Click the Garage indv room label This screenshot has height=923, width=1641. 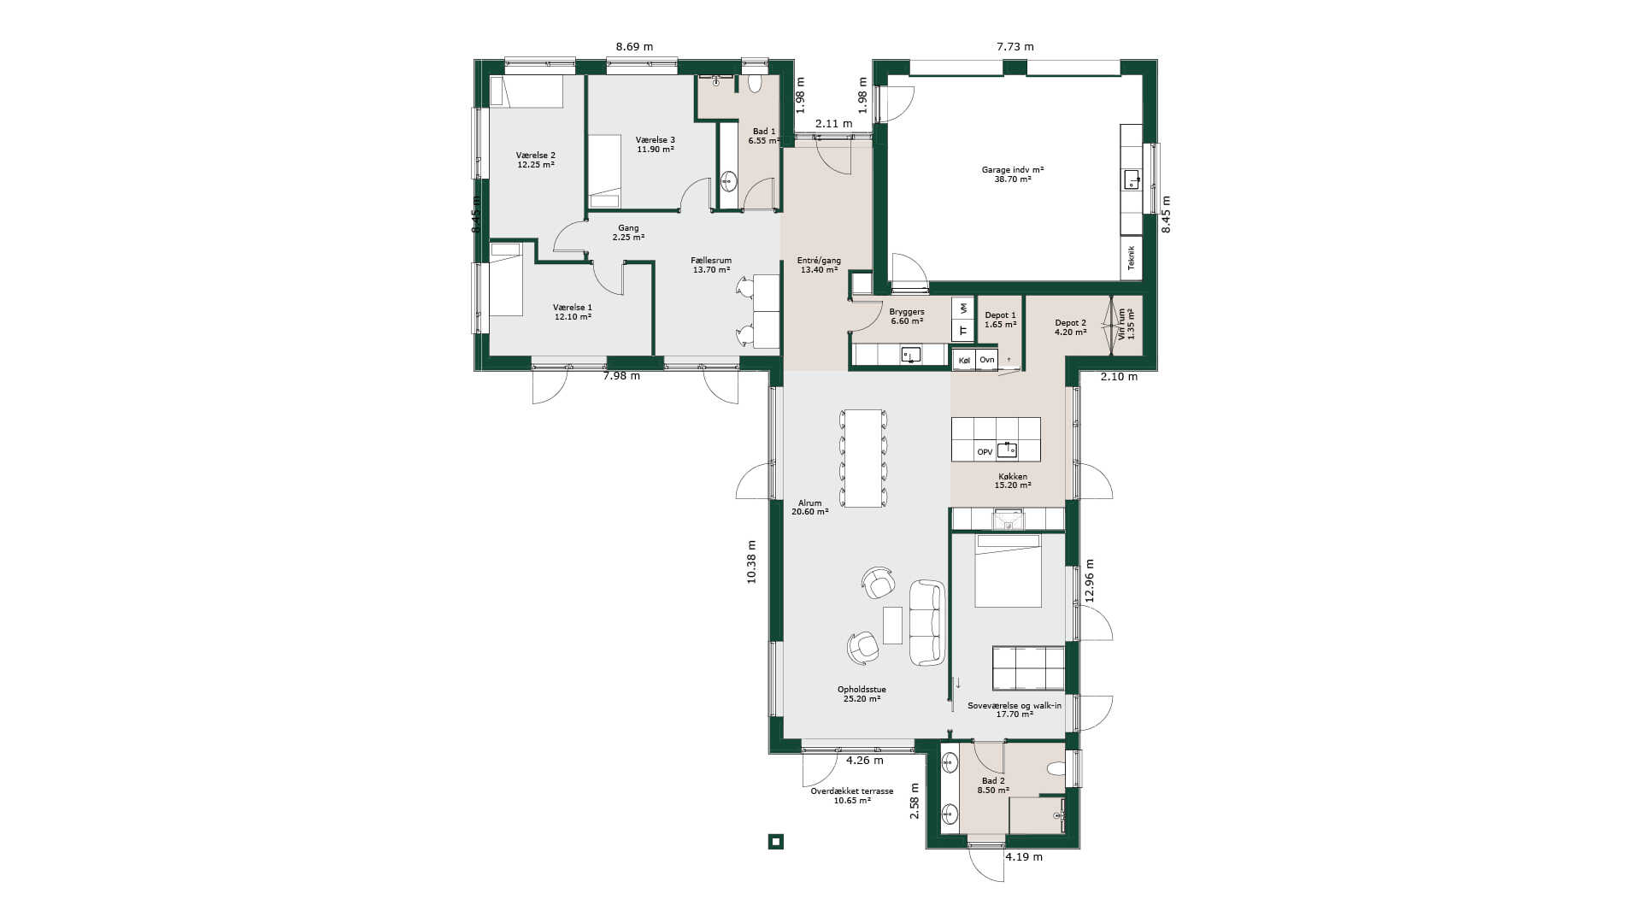[1013, 174]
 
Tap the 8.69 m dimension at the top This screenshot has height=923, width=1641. [634, 47]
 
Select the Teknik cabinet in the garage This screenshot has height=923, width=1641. [1132, 258]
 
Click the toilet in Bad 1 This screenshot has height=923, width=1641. [755, 83]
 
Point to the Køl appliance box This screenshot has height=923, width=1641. [964, 360]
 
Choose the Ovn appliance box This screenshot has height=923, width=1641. [987, 360]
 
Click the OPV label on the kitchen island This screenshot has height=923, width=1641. [985, 451]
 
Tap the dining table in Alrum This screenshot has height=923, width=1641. [864, 458]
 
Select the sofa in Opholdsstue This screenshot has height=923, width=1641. [927, 622]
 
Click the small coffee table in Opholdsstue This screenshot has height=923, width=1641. [892, 625]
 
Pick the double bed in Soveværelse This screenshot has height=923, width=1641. [1009, 571]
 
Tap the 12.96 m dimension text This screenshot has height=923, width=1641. [1090, 581]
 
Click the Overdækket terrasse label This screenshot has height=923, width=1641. [852, 796]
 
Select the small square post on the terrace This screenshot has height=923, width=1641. [776, 842]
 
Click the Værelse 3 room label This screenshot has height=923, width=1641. [656, 144]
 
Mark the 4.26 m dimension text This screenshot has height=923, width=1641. [865, 760]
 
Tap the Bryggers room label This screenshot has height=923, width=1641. [907, 316]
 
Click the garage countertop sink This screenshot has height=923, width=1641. [1132, 179]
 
